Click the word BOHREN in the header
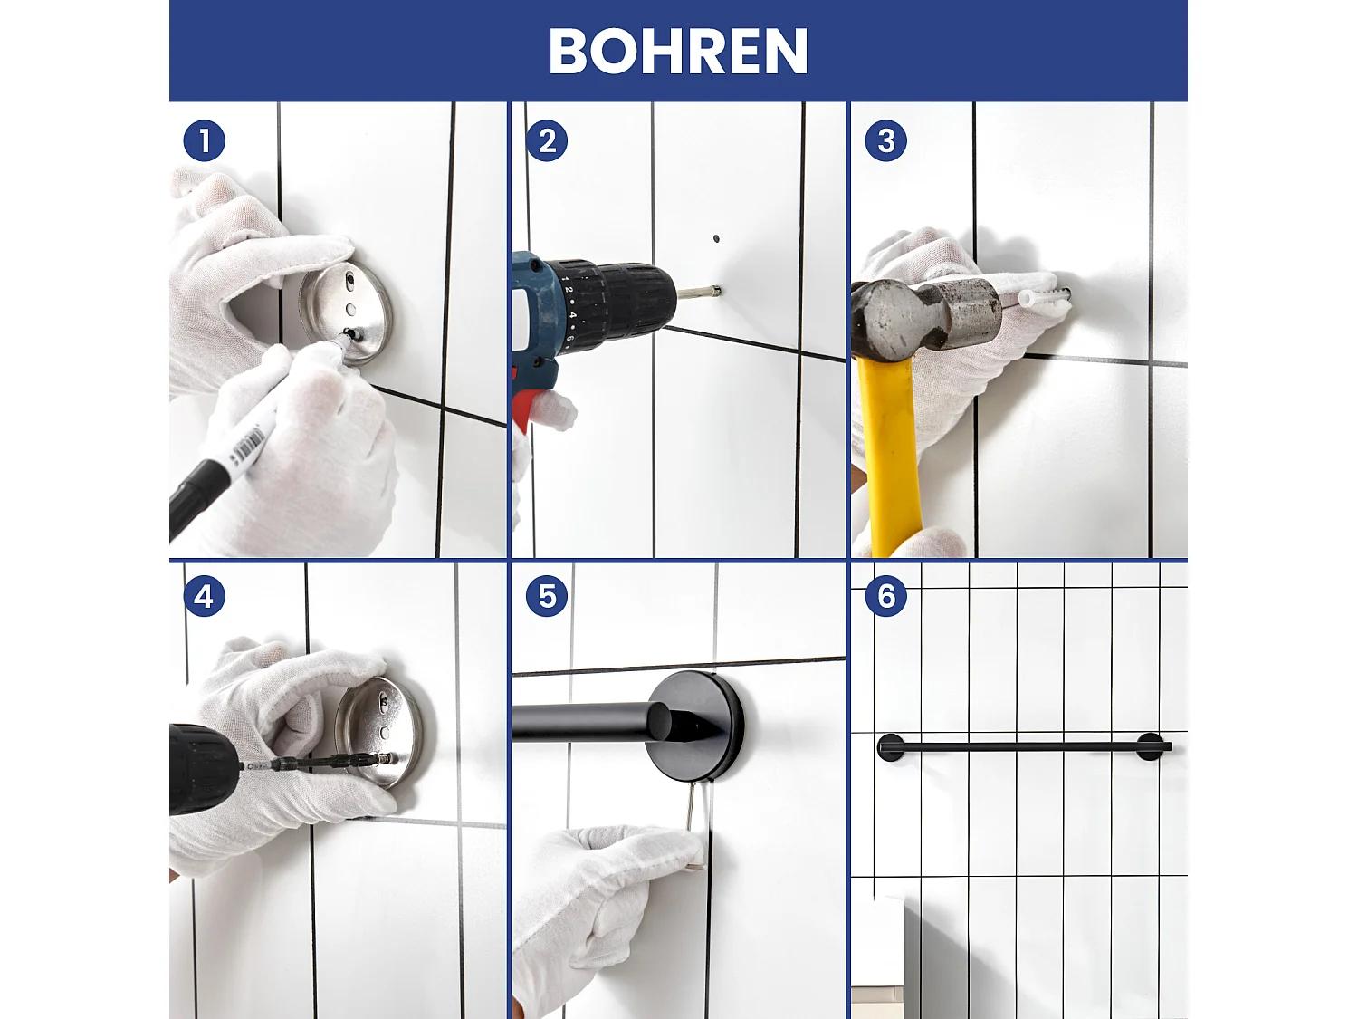click(x=677, y=51)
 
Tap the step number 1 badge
click(x=204, y=141)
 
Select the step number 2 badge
click(x=547, y=141)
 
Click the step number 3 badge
click(x=885, y=141)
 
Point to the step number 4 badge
click(x=204, y=597)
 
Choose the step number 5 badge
click(x=547, y=597)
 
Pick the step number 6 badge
click(x=885, y=597)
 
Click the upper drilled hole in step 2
click(x=716, y=239)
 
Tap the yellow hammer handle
click(x=892, y=453)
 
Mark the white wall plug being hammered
click(x=1041, y=297)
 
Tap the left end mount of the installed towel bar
click(x=891, y=747)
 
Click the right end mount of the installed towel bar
click(x=1150, y=747)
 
